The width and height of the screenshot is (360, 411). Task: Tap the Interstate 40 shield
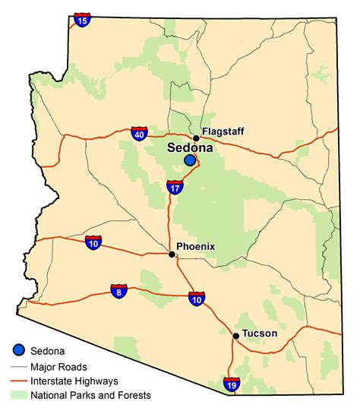138,134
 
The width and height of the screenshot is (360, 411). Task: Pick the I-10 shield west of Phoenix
93,243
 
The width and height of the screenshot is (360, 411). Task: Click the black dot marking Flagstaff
196,138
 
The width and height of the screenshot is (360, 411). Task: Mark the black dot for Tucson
236,335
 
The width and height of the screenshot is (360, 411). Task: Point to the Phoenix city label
196,246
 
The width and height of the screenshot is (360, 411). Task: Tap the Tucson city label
261,334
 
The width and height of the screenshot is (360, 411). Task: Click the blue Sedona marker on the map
190,160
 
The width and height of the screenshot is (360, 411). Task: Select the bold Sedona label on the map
190,148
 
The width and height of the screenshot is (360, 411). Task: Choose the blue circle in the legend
19,350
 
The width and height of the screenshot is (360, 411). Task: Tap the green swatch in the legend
19,395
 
